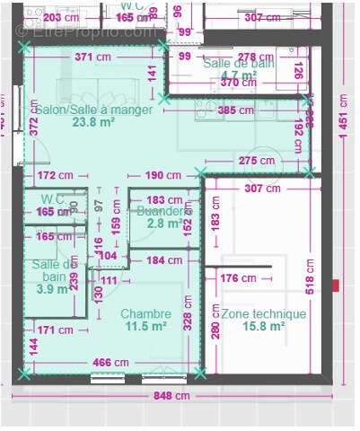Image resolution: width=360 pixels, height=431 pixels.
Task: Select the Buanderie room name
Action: (x=164, y=211)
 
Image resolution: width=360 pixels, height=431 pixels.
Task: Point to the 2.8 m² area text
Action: (x=163, y=224)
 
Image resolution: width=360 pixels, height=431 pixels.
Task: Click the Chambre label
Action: (x=145, y=314)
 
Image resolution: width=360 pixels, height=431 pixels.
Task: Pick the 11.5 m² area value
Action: (x=145, y=328)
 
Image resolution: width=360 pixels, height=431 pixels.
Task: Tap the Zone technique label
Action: (x=263, y=314)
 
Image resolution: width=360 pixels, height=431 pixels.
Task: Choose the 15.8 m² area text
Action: (x=263, y=328)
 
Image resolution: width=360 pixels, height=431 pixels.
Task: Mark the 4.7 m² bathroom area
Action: (x=237, y=75)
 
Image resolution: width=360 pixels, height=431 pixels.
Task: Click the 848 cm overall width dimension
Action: (x=171, y=395)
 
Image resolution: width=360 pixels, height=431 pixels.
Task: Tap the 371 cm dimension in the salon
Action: (x=93, y=57)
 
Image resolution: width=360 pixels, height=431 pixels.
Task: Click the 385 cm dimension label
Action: (x=235, y=110)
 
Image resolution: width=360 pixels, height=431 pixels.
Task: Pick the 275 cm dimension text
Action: (x=253, y=160)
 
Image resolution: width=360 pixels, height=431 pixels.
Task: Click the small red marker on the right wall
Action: (x=336, y=286)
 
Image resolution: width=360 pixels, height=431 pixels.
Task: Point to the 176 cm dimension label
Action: (x=238, y=279)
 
